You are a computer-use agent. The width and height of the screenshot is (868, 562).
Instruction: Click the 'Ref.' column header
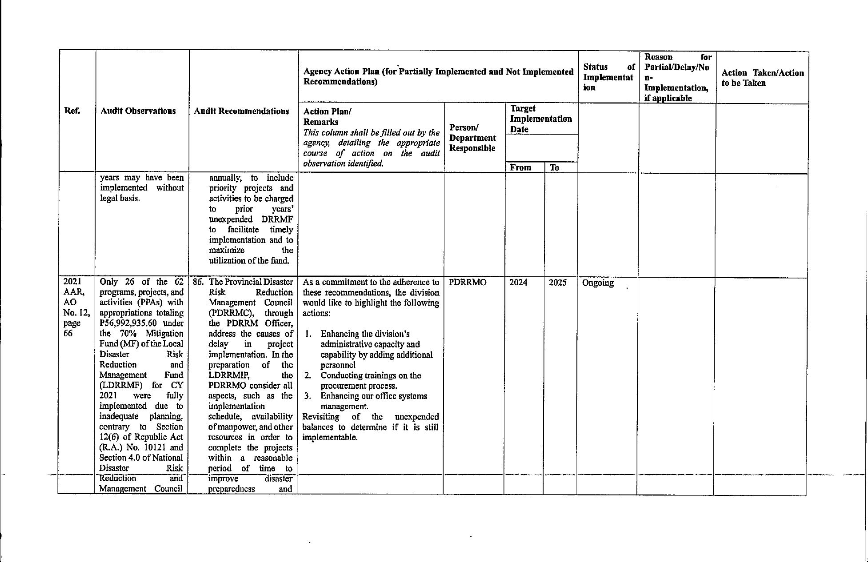click(72, 111)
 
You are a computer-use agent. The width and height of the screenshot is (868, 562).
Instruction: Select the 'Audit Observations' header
click(138, 111)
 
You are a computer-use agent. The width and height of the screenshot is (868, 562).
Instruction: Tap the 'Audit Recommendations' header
click(242, 111)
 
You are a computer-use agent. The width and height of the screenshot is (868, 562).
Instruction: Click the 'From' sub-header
click(520, 167)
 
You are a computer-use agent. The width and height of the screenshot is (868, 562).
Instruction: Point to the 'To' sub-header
click(554, 167)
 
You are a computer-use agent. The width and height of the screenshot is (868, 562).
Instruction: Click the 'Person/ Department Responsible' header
click(472, 138)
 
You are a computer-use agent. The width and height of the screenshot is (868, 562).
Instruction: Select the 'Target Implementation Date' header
click(540, 119)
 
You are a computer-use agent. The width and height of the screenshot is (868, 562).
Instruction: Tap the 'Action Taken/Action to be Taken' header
click(762, 78)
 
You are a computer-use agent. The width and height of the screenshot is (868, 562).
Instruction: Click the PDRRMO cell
click(468, 283)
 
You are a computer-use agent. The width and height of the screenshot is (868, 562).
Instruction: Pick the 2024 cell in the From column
click(518, 283)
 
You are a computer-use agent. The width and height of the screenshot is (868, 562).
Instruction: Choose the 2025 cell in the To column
click(557, 283)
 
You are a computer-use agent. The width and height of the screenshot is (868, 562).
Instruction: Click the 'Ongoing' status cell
click(598, 283)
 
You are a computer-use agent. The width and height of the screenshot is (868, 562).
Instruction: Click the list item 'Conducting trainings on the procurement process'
click(370, 381)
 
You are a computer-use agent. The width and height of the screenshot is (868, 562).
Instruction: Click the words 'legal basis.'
click(120, 198)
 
